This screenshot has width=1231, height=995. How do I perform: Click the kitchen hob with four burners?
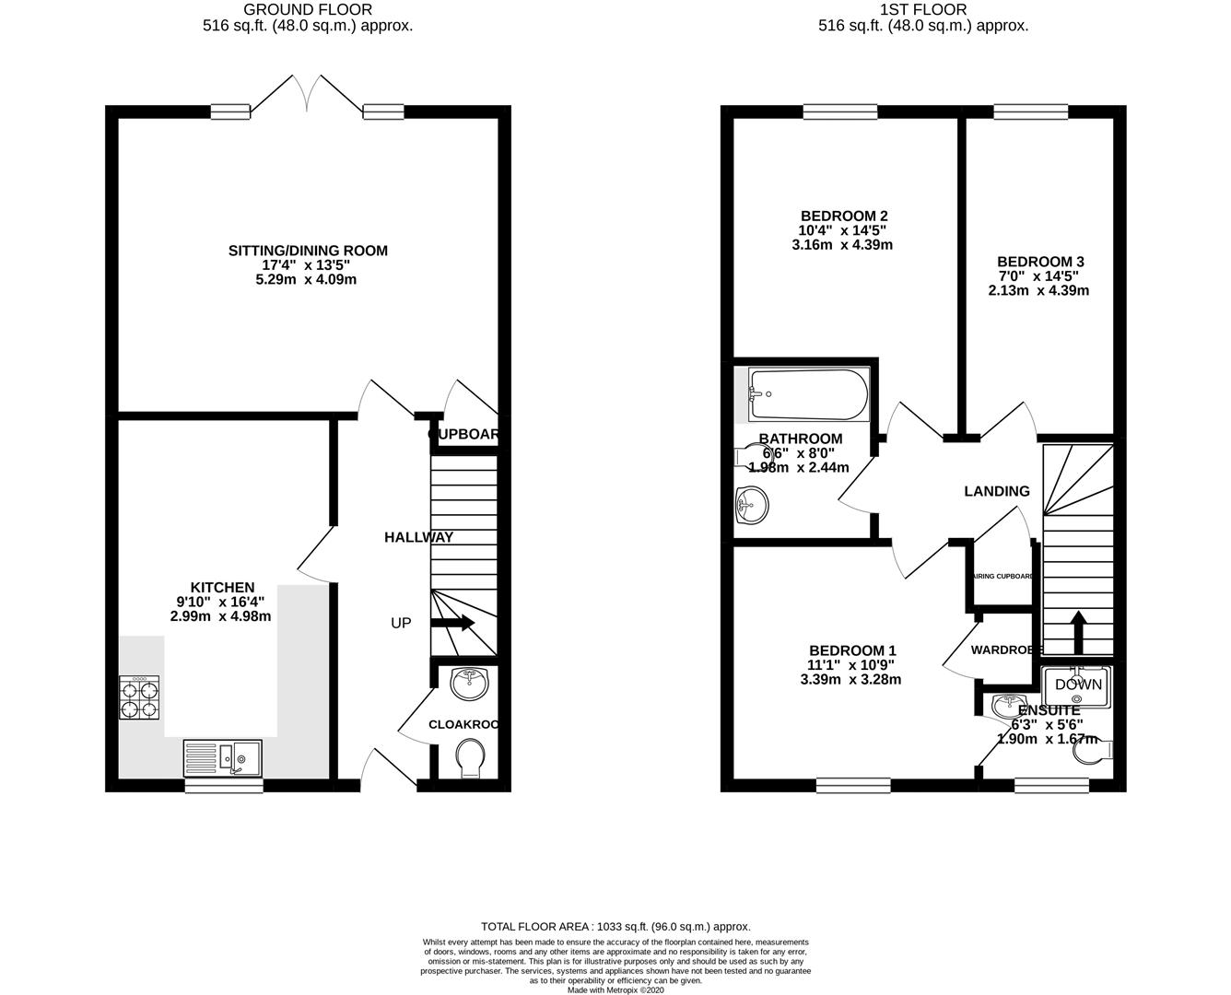coord(139,697)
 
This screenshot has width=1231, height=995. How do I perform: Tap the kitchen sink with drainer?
coord(222,757)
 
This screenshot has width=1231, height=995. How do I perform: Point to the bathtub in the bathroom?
coord(808,394)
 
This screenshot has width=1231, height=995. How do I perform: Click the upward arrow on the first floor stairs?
coord(1075,630)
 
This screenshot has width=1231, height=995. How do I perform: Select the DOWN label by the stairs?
coord(1078,685)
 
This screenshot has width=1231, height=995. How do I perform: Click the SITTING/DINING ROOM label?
coord(308,251)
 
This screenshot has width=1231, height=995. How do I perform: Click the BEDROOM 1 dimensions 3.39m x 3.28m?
coord(851,680)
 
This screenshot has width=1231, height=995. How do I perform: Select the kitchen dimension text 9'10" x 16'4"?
coord(220,603)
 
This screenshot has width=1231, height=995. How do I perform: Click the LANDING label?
coord(996,491)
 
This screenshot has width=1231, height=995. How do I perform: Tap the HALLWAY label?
coord(418,537)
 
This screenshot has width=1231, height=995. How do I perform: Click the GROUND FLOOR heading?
coord(308,9)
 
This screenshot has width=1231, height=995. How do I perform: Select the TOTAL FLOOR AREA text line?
coord(615,926)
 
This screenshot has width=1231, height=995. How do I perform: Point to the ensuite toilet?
coord(1095,752)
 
